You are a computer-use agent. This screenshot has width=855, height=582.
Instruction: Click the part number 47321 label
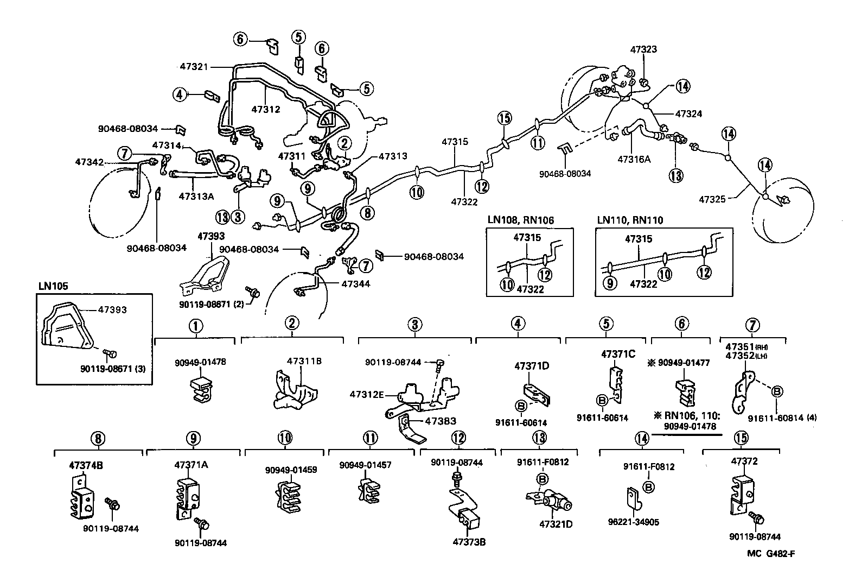(x=194, y=66)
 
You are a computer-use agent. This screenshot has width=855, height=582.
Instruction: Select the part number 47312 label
(x=265, y=109)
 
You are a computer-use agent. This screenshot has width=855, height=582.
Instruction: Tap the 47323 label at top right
(x=643, y=49)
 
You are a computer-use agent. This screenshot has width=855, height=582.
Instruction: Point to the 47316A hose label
(x=634, y=160)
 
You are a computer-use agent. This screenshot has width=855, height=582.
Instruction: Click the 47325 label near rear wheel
(x=712, y=200)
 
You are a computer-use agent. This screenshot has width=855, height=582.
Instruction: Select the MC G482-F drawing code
(x=770, y=554)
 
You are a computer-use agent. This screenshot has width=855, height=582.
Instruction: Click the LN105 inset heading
(x=53, y=286)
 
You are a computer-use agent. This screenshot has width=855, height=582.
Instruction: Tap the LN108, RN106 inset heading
(x=520, y=220)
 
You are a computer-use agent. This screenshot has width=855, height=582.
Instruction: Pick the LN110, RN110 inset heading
(x=630, y=220)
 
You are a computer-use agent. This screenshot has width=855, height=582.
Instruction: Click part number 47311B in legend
(x=304, y=360)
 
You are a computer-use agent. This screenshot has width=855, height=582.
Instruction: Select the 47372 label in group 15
(x=744, y=461)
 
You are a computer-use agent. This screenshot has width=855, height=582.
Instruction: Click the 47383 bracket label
(x=441, y=421)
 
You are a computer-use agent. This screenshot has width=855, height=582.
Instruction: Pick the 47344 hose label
(x=356, y=283)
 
